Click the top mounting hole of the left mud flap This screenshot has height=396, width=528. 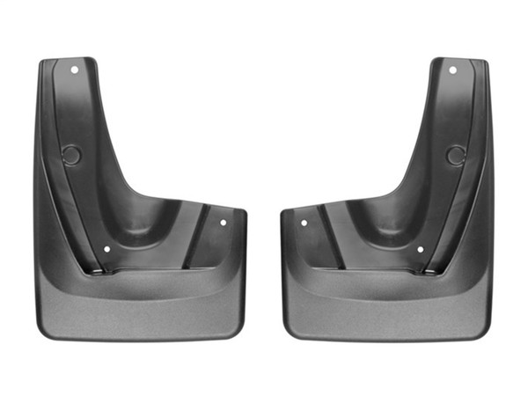pyautogui.click(x=76, y=69)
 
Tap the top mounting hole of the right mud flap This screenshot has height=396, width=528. pyautogui.click(x=453, y=70)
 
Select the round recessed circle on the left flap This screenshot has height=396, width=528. pyautogui.click(x=72, y=156)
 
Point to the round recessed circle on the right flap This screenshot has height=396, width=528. pyautogui.click(x=455, y=156)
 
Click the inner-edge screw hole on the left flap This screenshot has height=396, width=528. pyautogui.click(x=223, y=223)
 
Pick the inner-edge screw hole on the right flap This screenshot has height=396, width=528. pyautogui.click(x=304, y=223)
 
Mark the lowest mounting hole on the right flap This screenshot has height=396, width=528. pyautogui.click(x=420, y=249)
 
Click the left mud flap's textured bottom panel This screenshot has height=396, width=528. pyautogui.click(x=141, y=304)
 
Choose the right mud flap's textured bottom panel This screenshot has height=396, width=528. pyautogui.click(x=387, y=304)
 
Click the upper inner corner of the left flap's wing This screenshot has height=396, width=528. pyautogui.click(x=239, y=212)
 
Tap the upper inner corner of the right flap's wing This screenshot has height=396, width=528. pyautogui.click(x=287, y=212)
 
